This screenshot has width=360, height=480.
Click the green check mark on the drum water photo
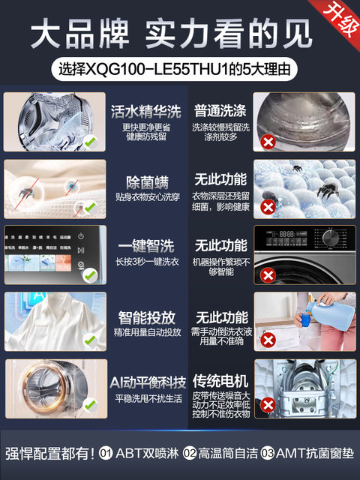pos(90,141)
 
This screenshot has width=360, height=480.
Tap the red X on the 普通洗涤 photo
pos(266,142)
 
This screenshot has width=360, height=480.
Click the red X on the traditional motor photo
pos(266,408)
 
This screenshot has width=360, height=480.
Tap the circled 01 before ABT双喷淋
pos(106,453)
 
